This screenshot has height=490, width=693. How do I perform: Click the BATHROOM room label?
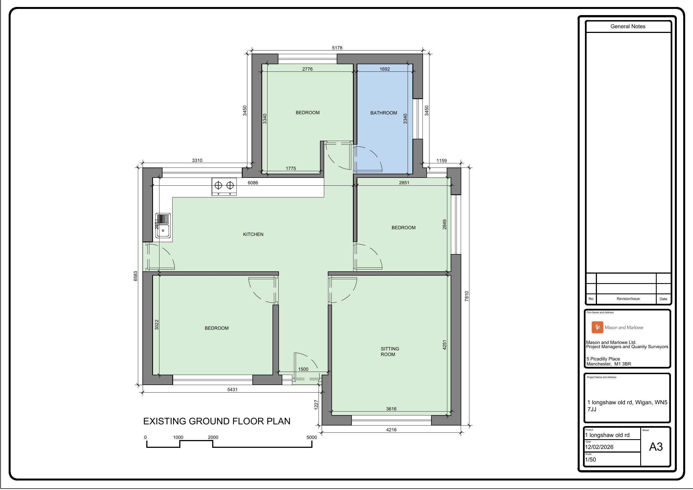(x=383, y=113)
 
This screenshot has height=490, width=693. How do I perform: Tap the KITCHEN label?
(x=253, y=234)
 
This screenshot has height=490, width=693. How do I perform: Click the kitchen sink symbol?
(x=163, y=226)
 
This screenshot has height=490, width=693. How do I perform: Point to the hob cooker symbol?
(x=224, y=187)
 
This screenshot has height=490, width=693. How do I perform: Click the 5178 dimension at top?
(x=337, y=48)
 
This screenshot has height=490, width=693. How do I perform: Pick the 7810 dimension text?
(x=467, y=296)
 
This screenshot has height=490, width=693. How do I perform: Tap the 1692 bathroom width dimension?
(x=384, y=69)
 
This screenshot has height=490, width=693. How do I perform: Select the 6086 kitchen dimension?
(x=253, y=183)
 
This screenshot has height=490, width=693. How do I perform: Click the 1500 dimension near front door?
(x=303, y=369)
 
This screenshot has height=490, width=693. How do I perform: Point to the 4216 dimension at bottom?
(x=391, y=430)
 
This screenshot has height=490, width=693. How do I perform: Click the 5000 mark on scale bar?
(x=312, y=438)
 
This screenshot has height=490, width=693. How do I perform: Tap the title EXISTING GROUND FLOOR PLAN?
(x=216, y=421)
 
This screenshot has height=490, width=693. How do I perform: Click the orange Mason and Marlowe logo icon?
(x=597, y=328)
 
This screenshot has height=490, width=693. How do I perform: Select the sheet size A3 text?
(x=656, y=447)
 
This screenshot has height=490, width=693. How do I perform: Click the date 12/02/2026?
(x=599, y=447)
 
